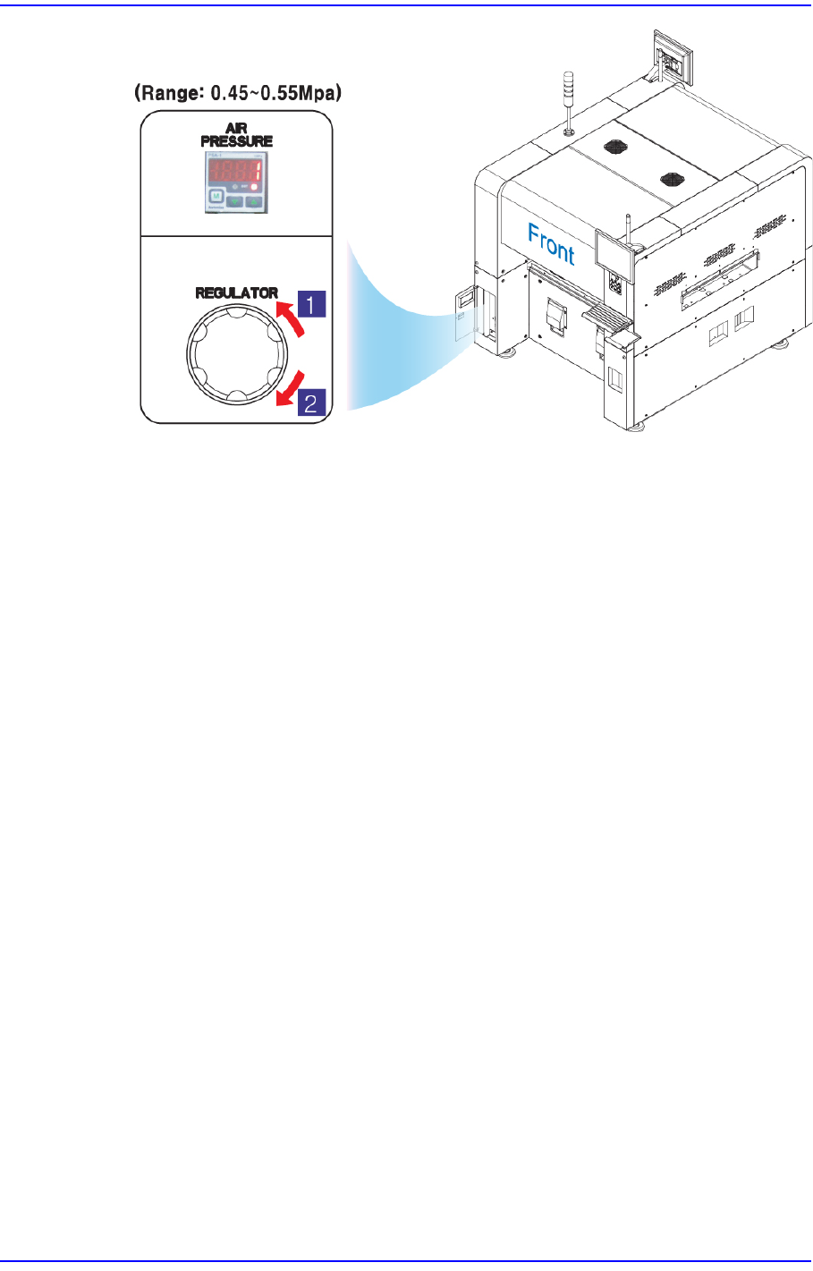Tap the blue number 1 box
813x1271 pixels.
309,304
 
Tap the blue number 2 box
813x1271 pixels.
309,402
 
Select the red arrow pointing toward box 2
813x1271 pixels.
291,386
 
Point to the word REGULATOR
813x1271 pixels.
236,292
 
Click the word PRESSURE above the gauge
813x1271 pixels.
236,141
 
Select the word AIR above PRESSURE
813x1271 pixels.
236,130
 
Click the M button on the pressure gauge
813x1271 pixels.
216,198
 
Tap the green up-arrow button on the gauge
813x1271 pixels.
254,201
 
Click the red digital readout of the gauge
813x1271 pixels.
233,173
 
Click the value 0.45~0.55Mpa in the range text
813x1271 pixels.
268,92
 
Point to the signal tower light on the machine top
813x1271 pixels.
568,98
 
